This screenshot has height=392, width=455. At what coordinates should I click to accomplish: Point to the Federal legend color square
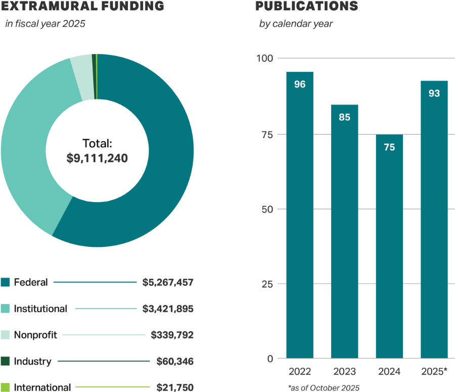6,282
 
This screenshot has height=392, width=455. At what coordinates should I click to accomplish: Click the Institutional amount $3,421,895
168,309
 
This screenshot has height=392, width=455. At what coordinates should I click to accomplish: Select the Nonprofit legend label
35,335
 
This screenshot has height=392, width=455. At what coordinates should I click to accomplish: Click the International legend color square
6,387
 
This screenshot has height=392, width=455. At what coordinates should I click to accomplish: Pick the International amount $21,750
175,387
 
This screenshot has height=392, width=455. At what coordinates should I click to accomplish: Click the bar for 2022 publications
300,217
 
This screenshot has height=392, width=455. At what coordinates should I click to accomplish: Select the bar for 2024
389,248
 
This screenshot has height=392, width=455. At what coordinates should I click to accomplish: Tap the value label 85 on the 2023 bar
345,117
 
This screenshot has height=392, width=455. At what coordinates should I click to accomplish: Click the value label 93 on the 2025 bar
434,94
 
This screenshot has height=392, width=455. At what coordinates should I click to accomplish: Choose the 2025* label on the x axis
434,372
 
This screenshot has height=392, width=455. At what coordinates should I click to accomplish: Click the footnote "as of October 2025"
324,388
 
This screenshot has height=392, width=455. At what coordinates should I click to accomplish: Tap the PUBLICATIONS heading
306,6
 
